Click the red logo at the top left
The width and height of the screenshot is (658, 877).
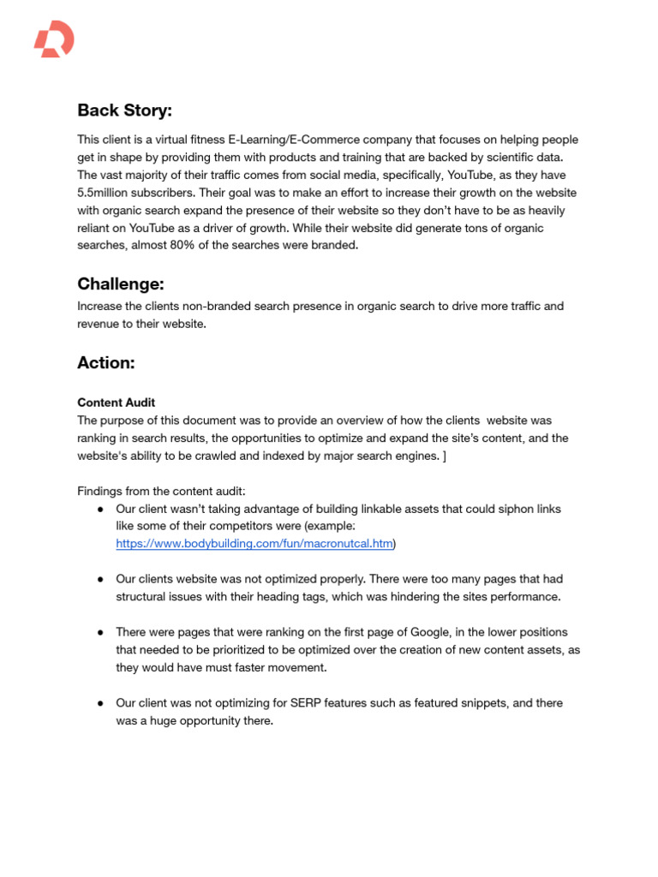coord(53,39)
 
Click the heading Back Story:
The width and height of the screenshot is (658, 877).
coord(124,110)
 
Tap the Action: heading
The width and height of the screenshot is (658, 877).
coord(106,362)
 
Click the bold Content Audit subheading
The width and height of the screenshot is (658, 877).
coord(117,403)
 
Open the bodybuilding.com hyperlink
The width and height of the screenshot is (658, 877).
coord(254,543)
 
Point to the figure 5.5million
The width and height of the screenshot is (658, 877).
coord(109,193)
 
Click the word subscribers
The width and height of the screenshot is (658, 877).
coord(179,193)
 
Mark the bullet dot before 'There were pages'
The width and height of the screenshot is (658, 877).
coord(100,632)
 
